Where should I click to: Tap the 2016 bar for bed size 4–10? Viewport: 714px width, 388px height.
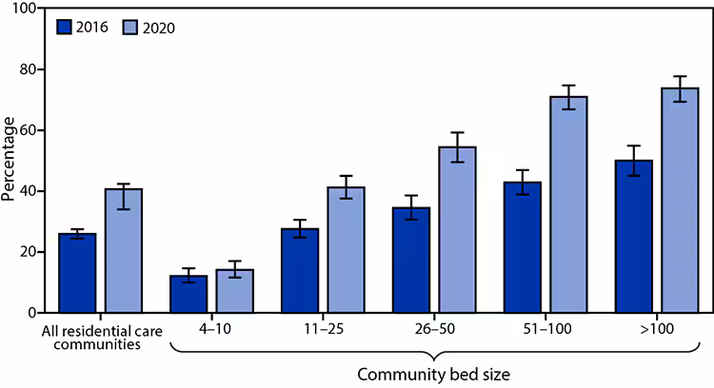pos(188,294)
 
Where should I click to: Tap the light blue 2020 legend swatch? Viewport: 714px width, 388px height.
pos(132,27)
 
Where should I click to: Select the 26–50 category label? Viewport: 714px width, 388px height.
pos(434,329)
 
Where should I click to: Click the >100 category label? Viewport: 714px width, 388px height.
pos(657,329)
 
